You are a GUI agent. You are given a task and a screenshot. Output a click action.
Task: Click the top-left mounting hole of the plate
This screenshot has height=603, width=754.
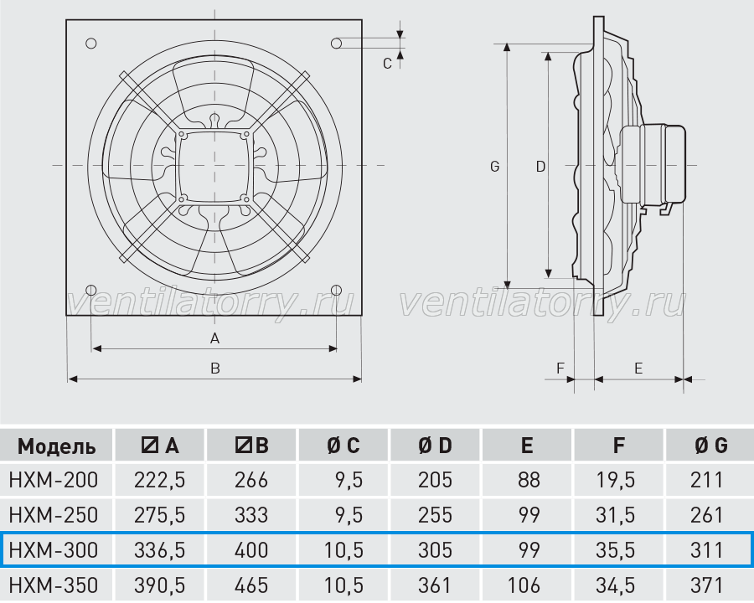coord(90,44)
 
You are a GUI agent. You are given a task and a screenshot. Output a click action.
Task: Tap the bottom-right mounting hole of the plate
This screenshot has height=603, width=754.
coord(337,290)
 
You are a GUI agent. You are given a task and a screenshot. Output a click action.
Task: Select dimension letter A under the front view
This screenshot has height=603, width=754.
coord(215,338)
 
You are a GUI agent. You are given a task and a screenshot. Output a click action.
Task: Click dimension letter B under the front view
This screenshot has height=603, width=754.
coord(215,368)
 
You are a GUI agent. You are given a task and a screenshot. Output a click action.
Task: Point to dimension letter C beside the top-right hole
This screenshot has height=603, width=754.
coord(388,64)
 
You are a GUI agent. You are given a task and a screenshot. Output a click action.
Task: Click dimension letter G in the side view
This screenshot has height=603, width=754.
coord(495,167)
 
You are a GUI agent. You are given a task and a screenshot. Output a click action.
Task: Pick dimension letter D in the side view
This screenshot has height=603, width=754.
coord(540,167)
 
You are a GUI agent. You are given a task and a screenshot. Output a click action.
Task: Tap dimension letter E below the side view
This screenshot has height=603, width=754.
coord(638,368)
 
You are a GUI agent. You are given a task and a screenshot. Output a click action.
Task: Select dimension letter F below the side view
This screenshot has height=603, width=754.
coord(560,368)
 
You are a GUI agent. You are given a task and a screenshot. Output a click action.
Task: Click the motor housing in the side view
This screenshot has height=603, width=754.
coord(653,164)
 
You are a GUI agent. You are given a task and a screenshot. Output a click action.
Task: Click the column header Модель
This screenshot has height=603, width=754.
coord(56,446)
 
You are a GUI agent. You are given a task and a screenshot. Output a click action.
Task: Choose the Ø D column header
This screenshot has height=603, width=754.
coord(435,446)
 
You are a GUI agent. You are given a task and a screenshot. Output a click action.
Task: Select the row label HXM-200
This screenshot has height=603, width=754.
coord(54,480)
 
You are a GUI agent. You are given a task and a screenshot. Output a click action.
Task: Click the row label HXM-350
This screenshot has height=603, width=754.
coord(54,585)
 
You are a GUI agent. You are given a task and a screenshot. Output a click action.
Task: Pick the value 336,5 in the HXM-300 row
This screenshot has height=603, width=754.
coord(160,550)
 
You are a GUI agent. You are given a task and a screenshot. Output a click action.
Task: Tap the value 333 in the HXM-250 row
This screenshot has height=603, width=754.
coord(251,515)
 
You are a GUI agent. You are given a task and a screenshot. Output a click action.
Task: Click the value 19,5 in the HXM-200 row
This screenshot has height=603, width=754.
coord(616,480)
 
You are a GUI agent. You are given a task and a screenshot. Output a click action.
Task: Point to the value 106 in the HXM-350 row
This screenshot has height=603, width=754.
coord(524,585)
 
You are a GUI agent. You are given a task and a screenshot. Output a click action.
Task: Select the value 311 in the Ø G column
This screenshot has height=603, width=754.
coord(707,550)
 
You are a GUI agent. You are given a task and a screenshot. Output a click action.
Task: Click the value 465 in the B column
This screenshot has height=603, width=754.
coord(251,585)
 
